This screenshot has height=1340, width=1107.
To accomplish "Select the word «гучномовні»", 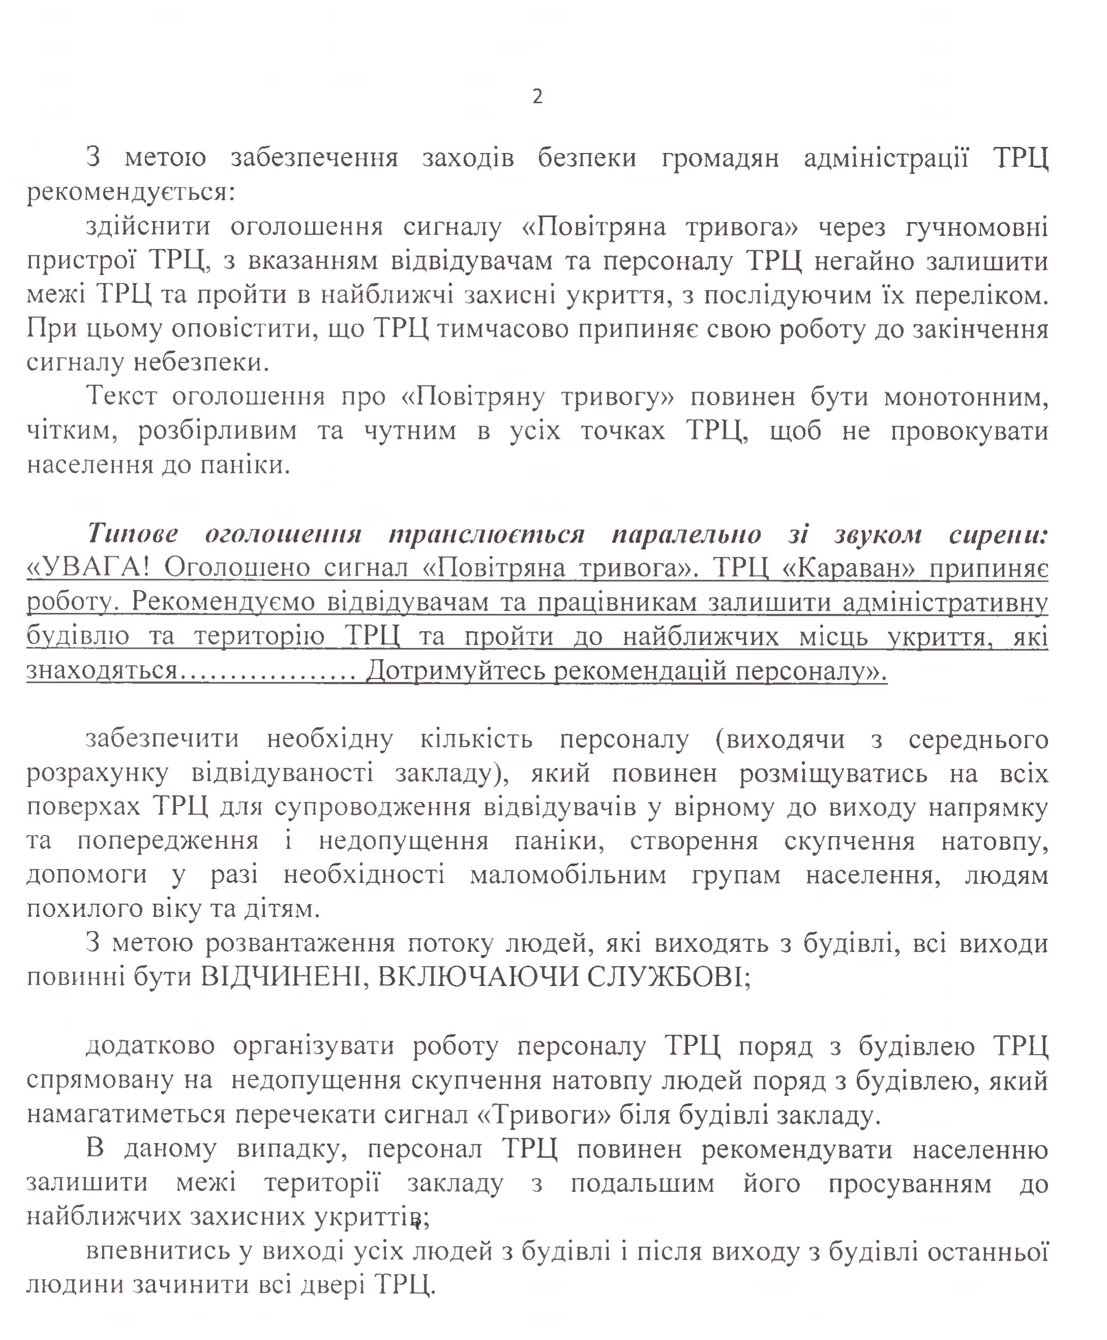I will pyautogui.click(x=976, y=227).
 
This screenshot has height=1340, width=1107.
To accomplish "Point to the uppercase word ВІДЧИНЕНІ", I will pyautogui.click(x=281, y=976).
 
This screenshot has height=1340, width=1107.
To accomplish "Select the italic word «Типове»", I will pyautogui.click(x=133, y=533).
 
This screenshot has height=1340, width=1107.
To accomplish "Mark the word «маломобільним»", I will pyautogui.click(x=568, y=875).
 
